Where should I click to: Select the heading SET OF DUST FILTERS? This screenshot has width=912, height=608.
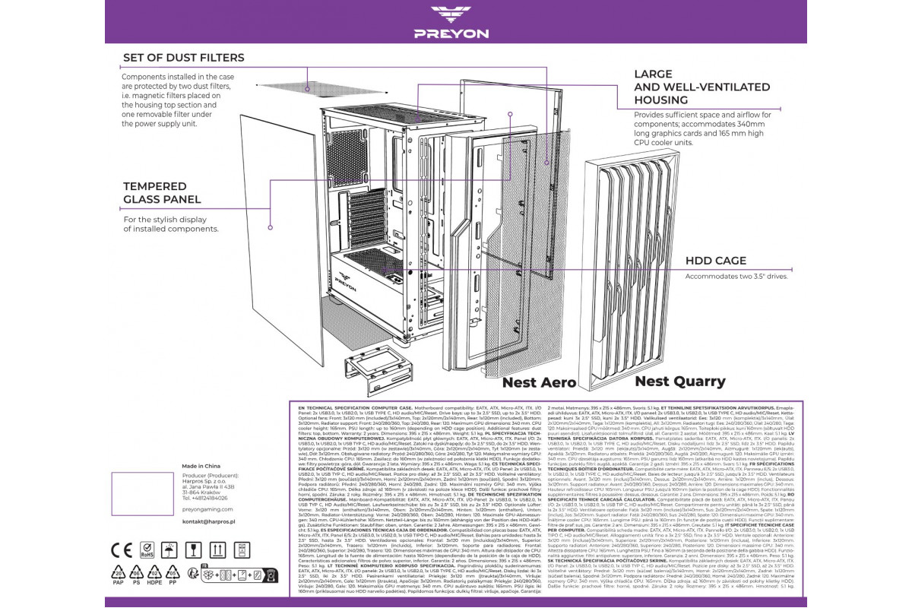tap(184, 58)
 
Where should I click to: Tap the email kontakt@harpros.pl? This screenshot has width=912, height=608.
tap(195, 522)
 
